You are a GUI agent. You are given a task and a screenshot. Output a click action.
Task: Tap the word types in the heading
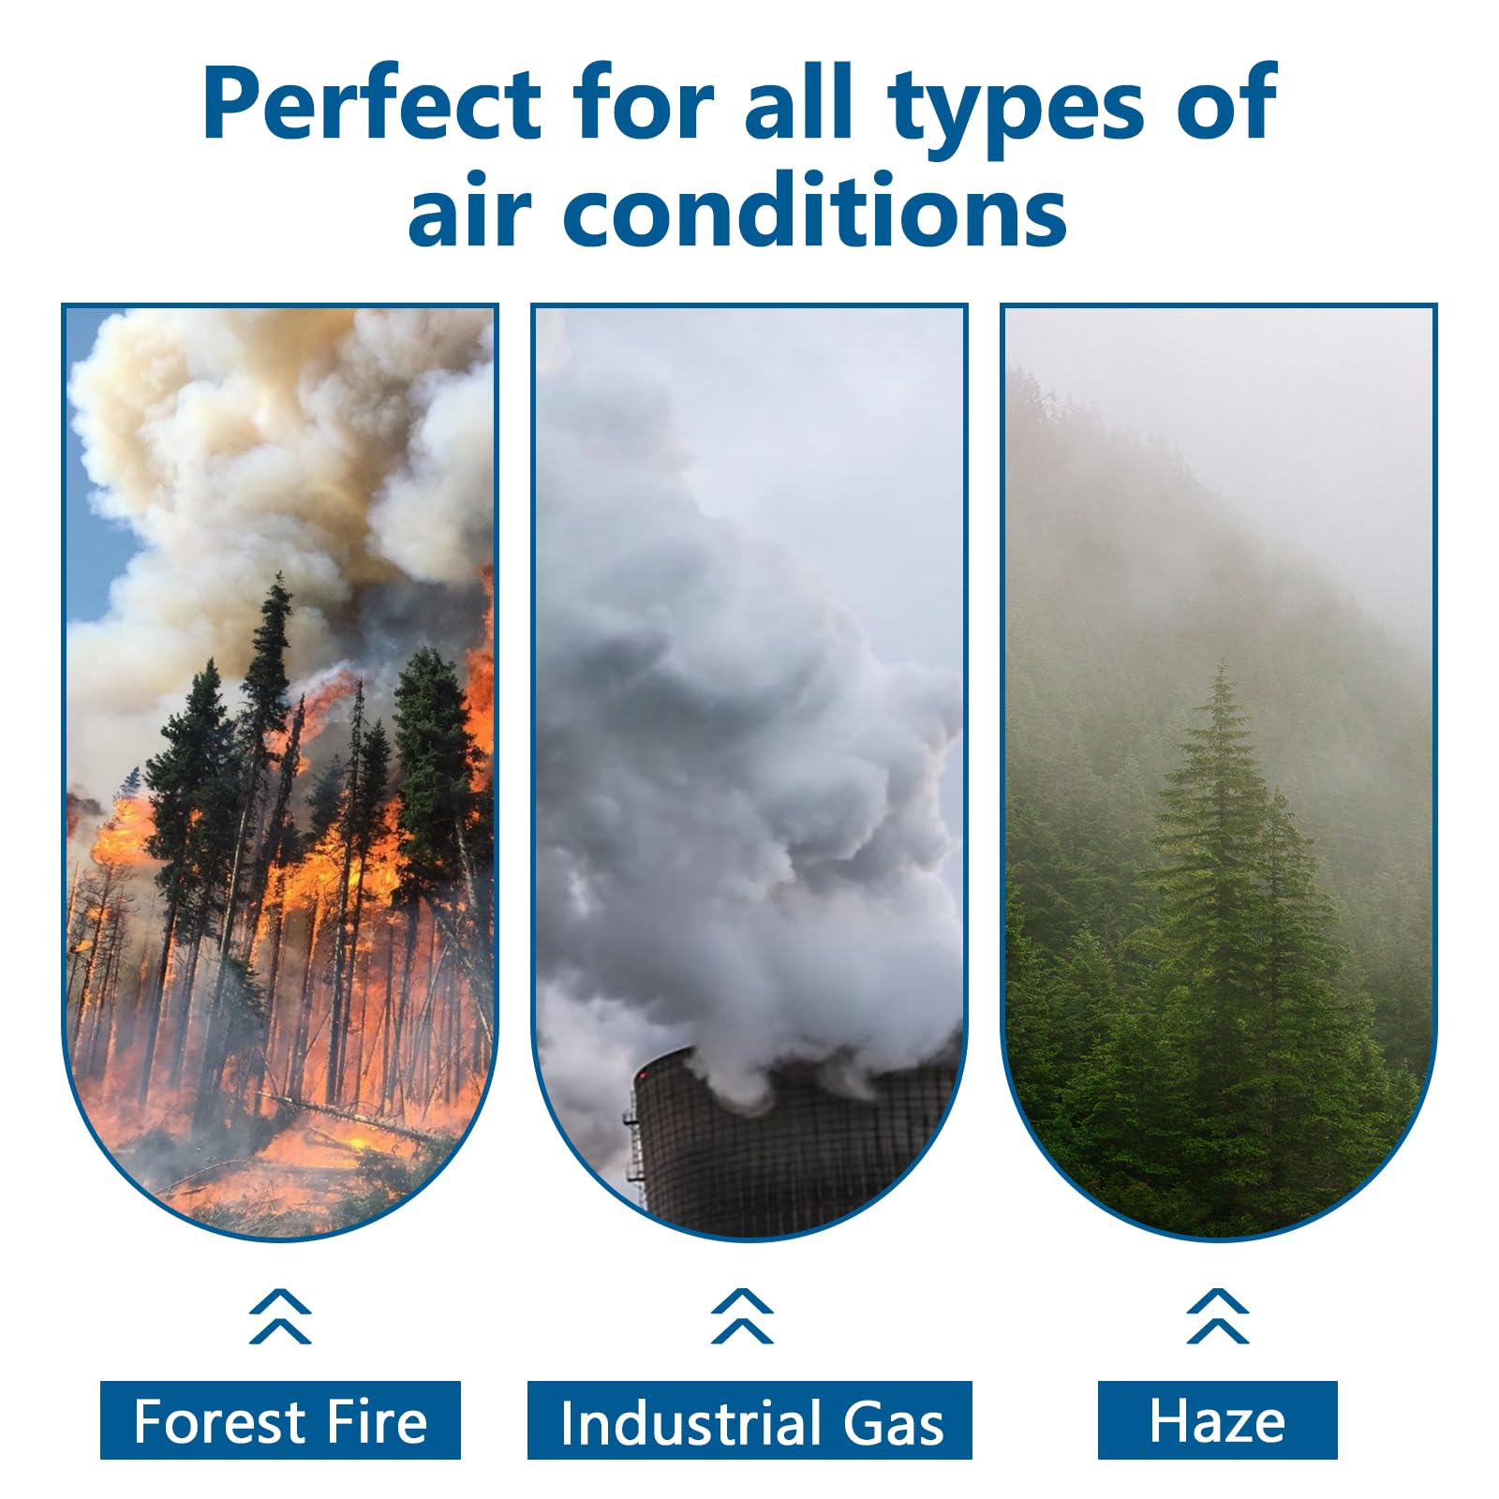pyautogui.click(x=1017, y=111)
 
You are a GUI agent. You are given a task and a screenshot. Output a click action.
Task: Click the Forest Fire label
pyautogui.click(x=280, y=1420)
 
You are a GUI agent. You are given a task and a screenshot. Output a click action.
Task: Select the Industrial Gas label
pyautogui.click(x=749, y=1420)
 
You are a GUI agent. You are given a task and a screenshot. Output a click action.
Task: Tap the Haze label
pyautogui.click(x=1217, y=1420)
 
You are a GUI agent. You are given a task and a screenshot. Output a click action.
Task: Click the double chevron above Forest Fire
pyautogui.click(x=280, y=1316)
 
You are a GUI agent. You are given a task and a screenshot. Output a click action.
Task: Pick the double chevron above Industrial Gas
pyautogui.click(x=742, y=1316)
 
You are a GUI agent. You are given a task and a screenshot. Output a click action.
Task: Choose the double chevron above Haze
pyautogui.click(x=1217, y=1316)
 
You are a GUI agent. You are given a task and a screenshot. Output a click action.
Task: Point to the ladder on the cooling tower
pyautogui.click(x=635, y=1138)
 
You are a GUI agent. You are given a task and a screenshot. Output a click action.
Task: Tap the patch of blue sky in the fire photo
pyautogui.click(x=103, y=534)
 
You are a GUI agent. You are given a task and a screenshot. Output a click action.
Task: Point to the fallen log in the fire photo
pyautogui.click(x=347, y=1115)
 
